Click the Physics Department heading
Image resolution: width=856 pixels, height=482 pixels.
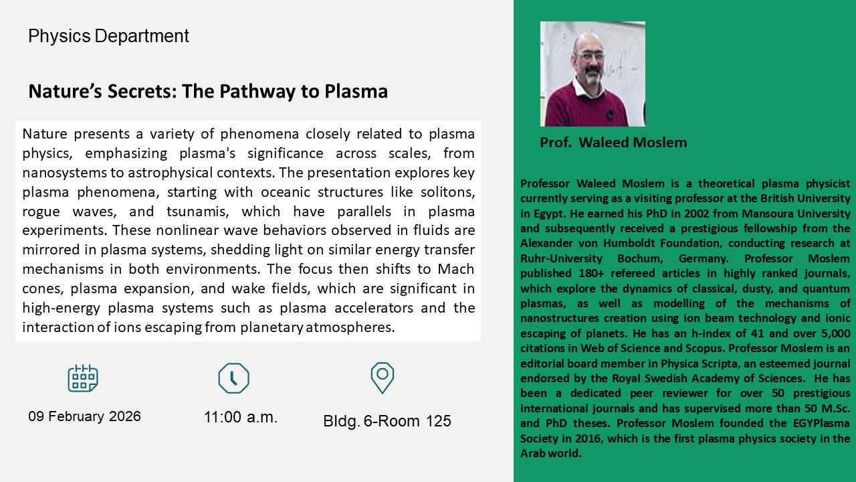tap(108, 36)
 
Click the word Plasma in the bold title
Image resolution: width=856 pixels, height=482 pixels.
tap(356, 92)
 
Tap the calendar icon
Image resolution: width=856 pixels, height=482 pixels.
tap(83, 378)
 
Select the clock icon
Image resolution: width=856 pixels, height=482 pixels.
tap(233, 378)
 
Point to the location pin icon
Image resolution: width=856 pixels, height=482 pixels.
tap(382, 378)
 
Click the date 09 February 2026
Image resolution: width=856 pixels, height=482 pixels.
tap(84, 416)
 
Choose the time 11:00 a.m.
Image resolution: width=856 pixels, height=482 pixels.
tap(240, 417)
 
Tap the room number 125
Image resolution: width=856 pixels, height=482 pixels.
tap(438, 421)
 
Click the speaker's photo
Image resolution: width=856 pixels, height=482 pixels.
tap(593, 74)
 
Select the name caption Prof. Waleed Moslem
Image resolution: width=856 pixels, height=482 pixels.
tap(613, 143)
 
